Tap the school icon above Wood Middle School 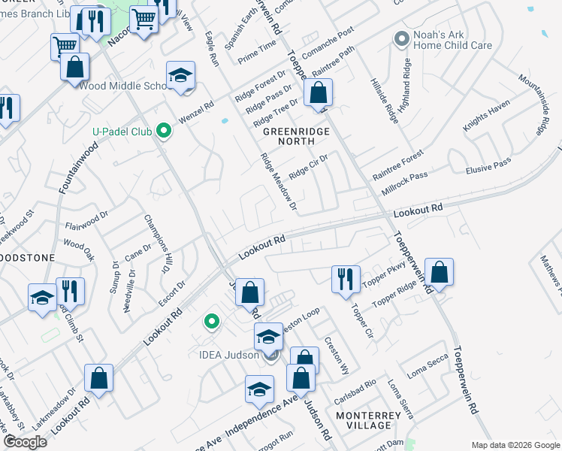180,74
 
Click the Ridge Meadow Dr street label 279,182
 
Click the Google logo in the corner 26,442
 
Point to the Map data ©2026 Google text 515,445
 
